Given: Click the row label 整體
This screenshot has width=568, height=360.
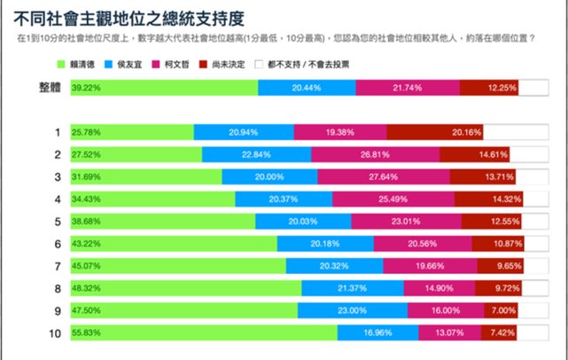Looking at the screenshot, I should (50, 88).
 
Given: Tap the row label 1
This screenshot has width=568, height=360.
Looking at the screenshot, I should (57, 132).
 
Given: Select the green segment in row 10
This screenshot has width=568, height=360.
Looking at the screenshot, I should (204, 332).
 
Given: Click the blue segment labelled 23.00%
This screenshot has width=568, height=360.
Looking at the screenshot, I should (352, 309).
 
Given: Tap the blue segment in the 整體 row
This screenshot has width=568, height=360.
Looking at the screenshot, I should (307, 88).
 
